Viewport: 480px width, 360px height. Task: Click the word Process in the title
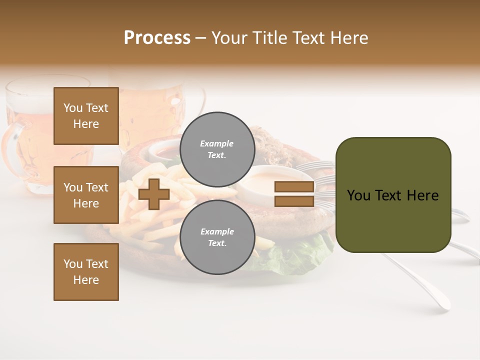point(157,38)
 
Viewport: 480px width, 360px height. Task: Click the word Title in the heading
point(266,38)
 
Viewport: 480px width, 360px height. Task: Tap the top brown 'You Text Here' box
point(86,116)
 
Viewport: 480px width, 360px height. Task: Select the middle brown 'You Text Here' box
point(86,195)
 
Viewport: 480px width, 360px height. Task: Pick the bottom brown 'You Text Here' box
point(86,272)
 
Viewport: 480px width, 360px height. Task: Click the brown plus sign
point(154,194)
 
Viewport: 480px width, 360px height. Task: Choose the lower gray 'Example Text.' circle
point(217,237)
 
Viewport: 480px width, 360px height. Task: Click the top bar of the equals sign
point(294,187)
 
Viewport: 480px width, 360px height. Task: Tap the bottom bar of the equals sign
point(294,201)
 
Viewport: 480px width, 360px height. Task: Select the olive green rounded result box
point(393,195)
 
